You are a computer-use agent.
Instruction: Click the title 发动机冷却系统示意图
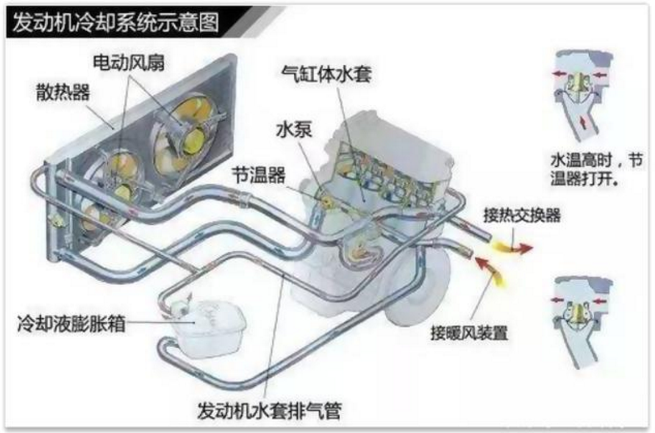click(x=115, y=22)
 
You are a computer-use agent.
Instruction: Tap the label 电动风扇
click(x=129, y=62)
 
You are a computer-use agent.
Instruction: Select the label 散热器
click(x=63, y=92)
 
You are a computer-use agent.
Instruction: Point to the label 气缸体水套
click(x=326, y=74)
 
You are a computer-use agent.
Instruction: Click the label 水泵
click(x=294, y=129)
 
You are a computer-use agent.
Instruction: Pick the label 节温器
click(x=259, y=175)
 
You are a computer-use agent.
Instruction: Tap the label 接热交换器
click(x=522, y=215)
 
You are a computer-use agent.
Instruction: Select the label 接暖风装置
click(x=469, y=333)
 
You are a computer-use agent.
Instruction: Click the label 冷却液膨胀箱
click(x=71, y=323)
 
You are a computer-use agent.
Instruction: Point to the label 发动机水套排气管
click(x=270, y=410)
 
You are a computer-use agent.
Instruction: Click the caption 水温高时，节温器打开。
click(x=596, y=169)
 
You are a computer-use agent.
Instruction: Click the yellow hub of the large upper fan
click(x=193, y=140)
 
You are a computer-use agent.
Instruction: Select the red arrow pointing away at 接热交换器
click(x=523, y=249)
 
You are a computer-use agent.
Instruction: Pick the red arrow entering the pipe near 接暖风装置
click(x=484, y=265)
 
